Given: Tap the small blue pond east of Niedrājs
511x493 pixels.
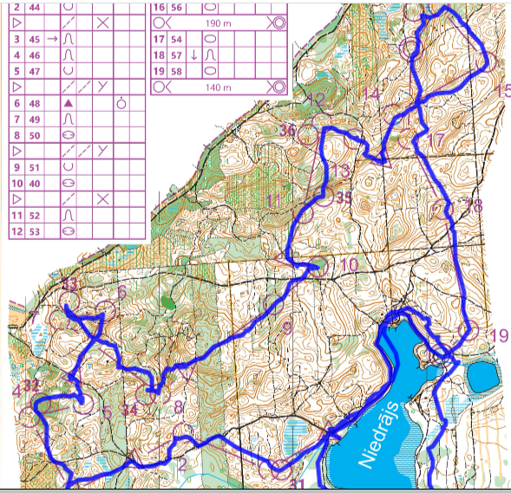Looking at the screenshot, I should (x=483, y=375).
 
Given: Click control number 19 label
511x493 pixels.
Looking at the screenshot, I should (x=498, y=336).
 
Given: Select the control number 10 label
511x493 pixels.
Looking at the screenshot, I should (x=349, y=265).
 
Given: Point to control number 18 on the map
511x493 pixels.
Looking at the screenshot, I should (x=473, y=205).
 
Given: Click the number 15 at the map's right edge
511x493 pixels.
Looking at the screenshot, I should (x=502, y=90).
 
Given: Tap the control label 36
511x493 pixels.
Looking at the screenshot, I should (x=289, y=131).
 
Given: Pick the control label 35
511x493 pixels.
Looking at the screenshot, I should (x=343, y=198).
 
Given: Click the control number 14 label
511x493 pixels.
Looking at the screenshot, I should (x=371, y=94).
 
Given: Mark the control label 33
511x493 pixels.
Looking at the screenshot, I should (x=69, y=284).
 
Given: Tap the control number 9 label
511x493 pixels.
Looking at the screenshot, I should (x=286, y=328).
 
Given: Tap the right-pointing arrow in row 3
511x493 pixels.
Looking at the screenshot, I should (x=52, y=39).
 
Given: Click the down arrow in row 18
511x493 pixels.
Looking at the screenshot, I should (x=194, y=55).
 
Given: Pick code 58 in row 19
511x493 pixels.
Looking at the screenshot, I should (x=177, y=71).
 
